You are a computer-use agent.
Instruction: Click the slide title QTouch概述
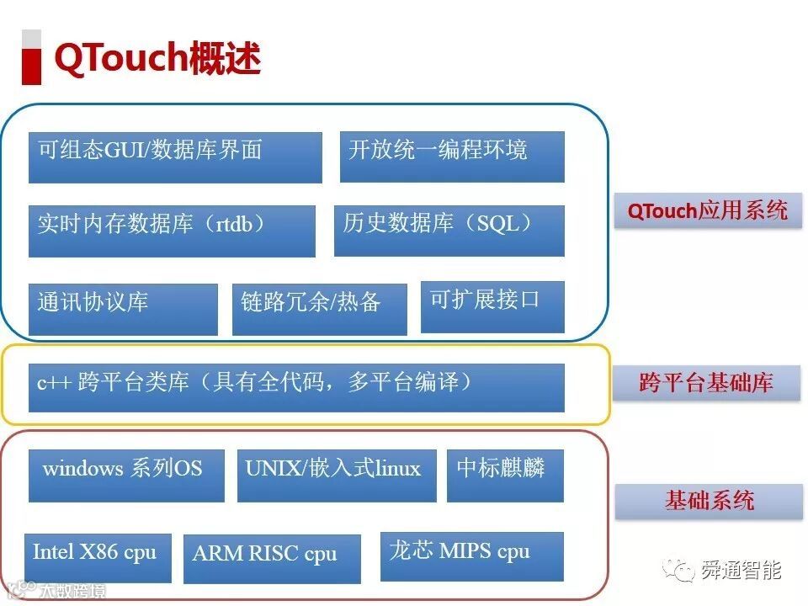click(x=157, y=58)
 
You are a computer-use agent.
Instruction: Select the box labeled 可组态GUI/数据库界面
click(x=175, y=157)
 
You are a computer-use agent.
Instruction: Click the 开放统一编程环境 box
click(x=452, y=157)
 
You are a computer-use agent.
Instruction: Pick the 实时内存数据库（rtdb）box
click(x=172, y=231)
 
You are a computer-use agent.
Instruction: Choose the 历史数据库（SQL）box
click(x=449, y=231)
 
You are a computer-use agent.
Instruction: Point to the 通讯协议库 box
click(x=123, y=309)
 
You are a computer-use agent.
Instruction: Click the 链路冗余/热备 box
click(x=319, y=309)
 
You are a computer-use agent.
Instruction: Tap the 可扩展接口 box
click(x=492, y=306)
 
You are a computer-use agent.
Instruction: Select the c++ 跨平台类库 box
click(x=296, y=387)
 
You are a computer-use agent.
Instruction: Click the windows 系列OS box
click(x=126, y=475)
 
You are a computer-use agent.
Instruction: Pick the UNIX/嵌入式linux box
click(x=337, y=475)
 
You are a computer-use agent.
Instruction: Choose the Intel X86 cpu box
click(x=97, y=557)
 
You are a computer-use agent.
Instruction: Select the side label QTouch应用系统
click(x=708, y=210)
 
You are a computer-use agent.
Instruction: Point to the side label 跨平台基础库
click(x=705, y=384)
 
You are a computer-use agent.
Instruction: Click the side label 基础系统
click(x=709, y=502)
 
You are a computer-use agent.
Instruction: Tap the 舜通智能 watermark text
click(x=741, y=571)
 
